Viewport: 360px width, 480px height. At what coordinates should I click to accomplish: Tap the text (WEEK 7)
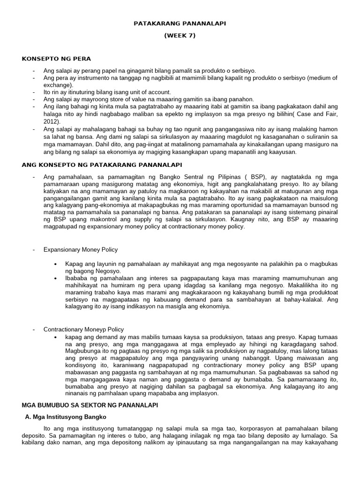180,36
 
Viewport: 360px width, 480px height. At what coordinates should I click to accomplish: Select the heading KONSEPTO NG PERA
56,59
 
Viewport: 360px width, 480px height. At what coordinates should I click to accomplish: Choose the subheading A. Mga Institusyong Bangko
66,416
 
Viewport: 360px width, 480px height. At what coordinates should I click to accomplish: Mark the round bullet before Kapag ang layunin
55,264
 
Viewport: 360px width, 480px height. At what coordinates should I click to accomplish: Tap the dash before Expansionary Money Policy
34,249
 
